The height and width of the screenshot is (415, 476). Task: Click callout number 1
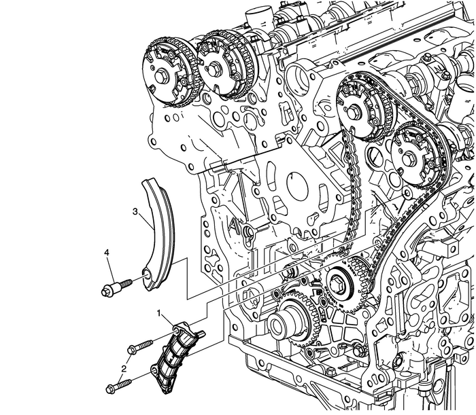[x=160, y=314]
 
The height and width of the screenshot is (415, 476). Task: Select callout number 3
[x=135, y=212]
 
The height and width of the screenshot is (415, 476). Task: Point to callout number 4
[x=106, y=254]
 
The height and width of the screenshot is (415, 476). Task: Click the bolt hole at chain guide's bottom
[x=144, y=274]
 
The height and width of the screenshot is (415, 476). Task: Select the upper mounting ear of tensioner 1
[x=180, y=329]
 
